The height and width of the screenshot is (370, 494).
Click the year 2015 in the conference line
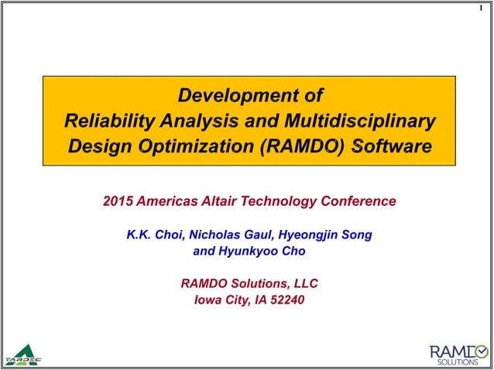point(118,201)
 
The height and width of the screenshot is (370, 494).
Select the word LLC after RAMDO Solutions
point(304,284)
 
